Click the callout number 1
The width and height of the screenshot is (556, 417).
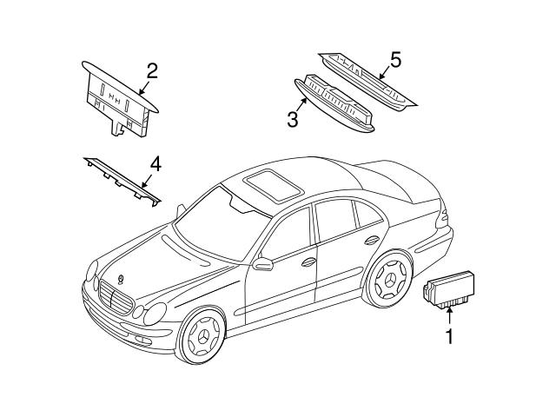[x=449, y=334]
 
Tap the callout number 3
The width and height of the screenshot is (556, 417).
[x=293, y=118]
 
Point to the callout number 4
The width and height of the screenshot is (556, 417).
[x=154, y=162]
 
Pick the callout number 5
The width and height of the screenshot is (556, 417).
[x=395, y=60]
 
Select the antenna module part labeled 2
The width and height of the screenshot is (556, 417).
[x=118, y=100]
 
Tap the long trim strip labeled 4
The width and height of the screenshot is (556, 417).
[x=122, y=181]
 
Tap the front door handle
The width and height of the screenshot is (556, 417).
[x=309, y=260]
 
